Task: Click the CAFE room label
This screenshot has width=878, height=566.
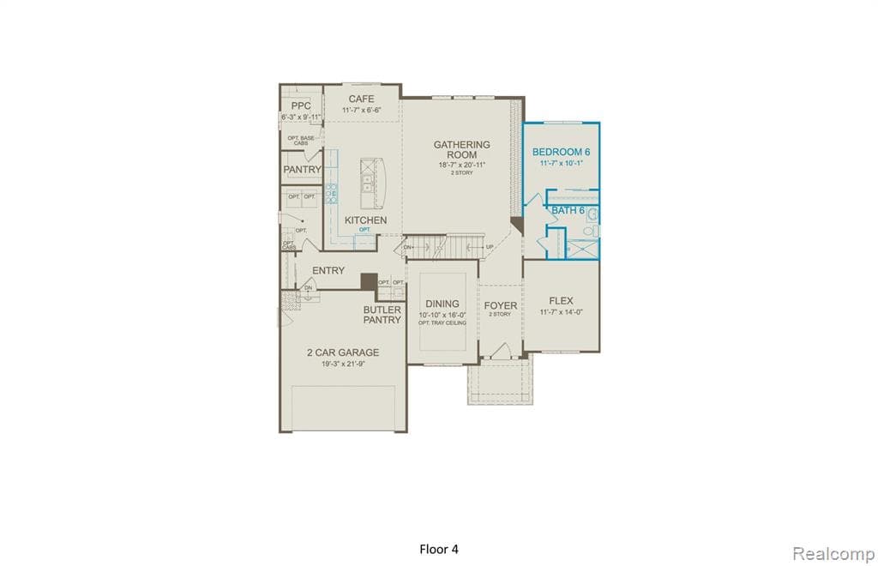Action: [x=361, y=99]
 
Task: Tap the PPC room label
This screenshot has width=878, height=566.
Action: [x=300, y=105]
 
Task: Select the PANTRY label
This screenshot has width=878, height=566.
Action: [x=302, y=170]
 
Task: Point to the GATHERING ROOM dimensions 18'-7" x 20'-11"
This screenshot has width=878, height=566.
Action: [x=461, y=164]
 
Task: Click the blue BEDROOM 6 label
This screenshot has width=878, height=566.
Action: [x=561, y=152]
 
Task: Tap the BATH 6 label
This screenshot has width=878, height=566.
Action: [x=568, y=210]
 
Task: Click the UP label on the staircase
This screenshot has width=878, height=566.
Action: [x=490, y=248]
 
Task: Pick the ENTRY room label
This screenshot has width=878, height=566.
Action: [x=328, y=270]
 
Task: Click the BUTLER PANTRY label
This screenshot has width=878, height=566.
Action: [x=382, y=315]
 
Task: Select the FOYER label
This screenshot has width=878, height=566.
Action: [x=500, y=305]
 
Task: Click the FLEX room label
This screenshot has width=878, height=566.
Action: [x=561, y=301]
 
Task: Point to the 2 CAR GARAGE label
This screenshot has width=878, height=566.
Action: [x=343, y=352]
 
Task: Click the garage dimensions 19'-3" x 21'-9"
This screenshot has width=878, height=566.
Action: [x=343, y=364]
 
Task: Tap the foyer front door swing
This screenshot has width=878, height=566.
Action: [x=502, y=351]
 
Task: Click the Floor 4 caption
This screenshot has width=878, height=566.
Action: [x=444, y=549]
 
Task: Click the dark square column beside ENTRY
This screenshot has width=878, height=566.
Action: [x=369, y=281]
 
